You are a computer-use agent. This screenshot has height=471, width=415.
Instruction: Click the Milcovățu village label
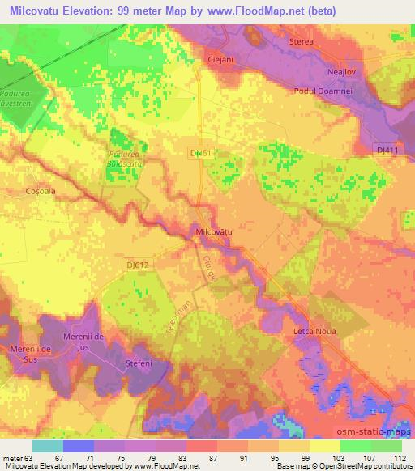coord(215,231)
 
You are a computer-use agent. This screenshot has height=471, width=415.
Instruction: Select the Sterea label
coord(302,39)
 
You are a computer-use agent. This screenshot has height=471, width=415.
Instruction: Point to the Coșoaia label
coord(40,191)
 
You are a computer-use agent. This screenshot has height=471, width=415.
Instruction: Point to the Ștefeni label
coord(139,367)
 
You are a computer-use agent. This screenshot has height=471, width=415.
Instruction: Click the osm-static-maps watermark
coord(379,432)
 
